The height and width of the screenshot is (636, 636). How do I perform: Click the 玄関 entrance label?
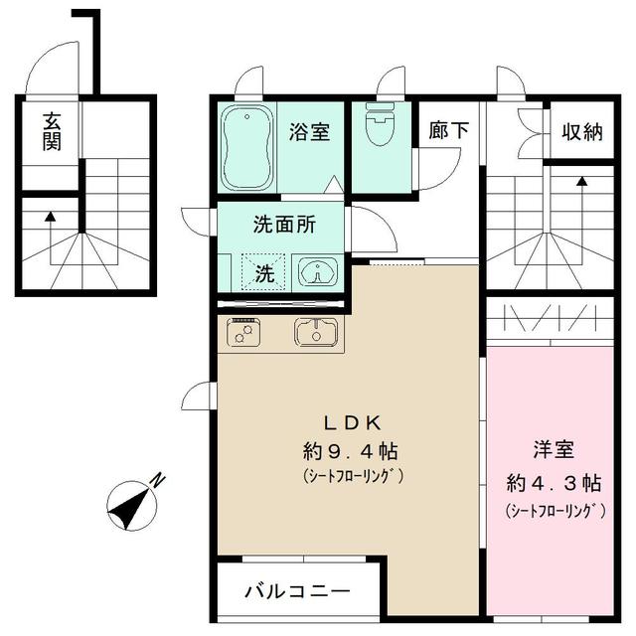tap(51, 131)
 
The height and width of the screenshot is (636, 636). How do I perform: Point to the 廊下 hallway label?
tap(448, 131)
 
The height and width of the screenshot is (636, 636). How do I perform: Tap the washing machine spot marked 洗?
tap(264, 272)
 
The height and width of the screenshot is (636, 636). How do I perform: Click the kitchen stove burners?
tap(243, 333)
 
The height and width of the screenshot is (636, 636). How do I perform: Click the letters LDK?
tap(346, 420)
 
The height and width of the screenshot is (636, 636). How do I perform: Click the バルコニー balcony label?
tap(297, 592)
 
